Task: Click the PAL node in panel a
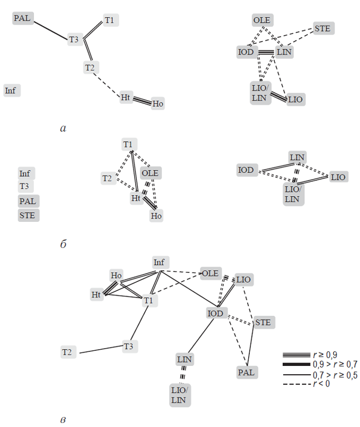(x=22, y=18)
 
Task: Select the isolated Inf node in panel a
(x=11, y=90)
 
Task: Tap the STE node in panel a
(x=322, y=28)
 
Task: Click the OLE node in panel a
(x=262, y=21)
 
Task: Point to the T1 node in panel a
(x=109, y=21)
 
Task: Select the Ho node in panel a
(x=158, y=103)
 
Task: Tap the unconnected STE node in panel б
(x=28, y=215)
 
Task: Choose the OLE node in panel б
(x=150, y=173)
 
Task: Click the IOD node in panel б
(x=245, y=170)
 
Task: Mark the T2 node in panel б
(x=107, y=178)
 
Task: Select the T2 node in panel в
(x=68, y=351)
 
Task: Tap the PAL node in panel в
(x=246, y=372)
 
